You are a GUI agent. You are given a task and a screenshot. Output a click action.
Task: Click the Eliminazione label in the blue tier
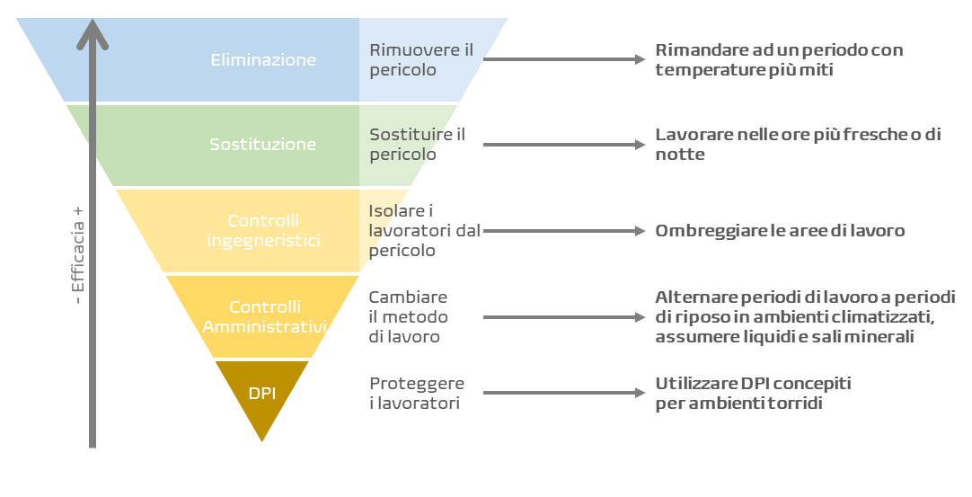tap(263, 60)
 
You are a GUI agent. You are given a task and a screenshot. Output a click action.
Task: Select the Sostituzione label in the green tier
tap(263, 144)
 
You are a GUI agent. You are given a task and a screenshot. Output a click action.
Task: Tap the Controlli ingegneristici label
tap(263, 230)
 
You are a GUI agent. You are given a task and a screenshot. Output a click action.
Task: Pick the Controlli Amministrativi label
tap(263, 316)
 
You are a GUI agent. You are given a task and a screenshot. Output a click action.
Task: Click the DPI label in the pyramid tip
tap(261, 392)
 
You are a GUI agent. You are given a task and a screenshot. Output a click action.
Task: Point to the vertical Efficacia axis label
tap(78, 255)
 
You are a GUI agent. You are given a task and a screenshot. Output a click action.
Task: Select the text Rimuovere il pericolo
tap(420, 59)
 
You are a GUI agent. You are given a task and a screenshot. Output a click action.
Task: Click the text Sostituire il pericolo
tap(417, 144)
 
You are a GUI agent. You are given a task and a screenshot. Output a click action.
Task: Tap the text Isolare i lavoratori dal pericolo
tap(424, 230)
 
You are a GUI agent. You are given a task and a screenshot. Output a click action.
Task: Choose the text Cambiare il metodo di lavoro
tap(409, 316)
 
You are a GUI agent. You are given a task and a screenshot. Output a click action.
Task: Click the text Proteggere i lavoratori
tap(415, 394)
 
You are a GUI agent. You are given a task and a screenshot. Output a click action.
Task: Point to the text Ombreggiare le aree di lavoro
tap(780, 231)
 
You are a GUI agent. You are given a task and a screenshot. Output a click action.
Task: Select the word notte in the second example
tap(680, 155)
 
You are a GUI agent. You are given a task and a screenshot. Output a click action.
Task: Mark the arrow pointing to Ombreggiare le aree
tap(563, 231)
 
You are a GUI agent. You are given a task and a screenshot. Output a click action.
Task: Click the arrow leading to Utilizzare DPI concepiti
tap(563, 394)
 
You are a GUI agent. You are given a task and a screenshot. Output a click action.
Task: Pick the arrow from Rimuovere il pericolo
tap(563, 60)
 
